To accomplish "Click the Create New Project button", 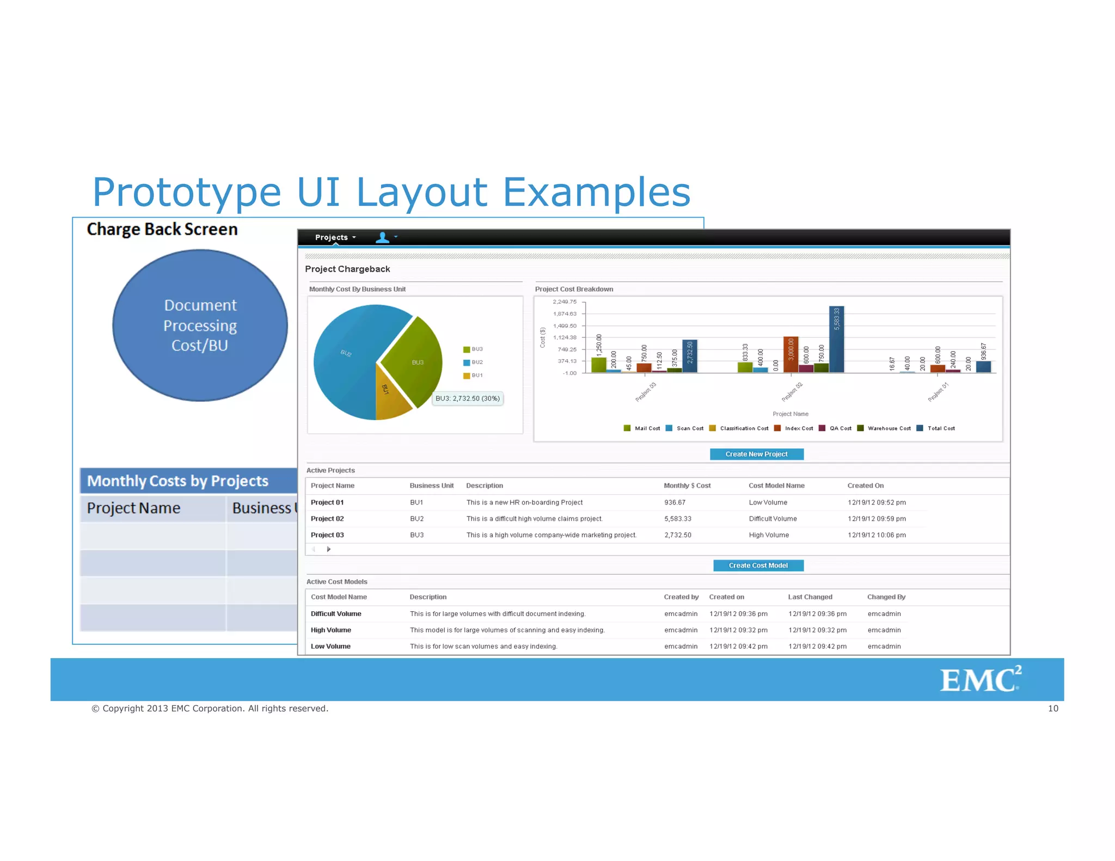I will (x=756, y=454).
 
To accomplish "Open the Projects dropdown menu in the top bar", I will (x=335, y=237).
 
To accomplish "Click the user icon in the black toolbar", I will (x=383, y=237).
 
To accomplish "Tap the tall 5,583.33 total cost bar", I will (x=836, y=340).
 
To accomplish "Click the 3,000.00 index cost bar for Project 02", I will (x=791, y=354).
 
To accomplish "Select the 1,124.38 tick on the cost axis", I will (x=565, y=337).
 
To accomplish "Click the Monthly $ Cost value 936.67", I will (x=675, y=502).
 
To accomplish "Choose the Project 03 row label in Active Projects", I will (x=327, y=535).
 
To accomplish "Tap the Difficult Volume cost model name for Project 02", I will (x=773, y=519).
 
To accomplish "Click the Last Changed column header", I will (x=810, y=597).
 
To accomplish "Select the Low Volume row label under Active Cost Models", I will (x=330, y=647).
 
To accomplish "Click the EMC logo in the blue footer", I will (x=979, y=679).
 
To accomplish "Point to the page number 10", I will (x=1053, y=709).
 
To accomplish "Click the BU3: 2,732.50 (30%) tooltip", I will (x=467, y=398).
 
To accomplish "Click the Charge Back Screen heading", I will (x=162, y=229).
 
